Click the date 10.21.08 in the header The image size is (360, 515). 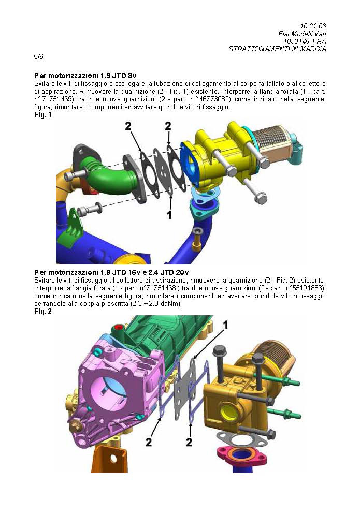point(313,25)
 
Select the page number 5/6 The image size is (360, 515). point(38,56)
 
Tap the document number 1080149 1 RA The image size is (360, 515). point(305,41)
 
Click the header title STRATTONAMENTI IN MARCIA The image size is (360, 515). point(277,49)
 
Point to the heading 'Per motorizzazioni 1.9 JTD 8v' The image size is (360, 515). point(85,76)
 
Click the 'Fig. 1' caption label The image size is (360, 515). point(43,114)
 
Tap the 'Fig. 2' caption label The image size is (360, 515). point(43,311)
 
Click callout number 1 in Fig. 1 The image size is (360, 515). point(169,215)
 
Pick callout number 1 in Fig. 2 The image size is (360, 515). point(225,325)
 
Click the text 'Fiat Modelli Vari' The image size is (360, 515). point(302,34)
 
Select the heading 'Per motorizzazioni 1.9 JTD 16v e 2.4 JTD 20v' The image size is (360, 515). point(111,272)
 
